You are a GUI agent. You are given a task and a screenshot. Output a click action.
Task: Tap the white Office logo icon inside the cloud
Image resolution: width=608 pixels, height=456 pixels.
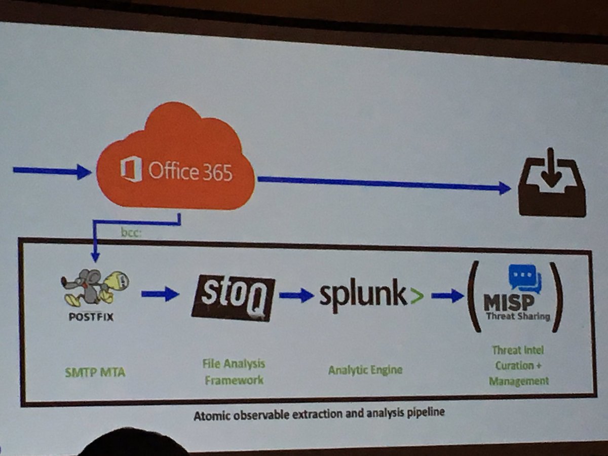[131, 170]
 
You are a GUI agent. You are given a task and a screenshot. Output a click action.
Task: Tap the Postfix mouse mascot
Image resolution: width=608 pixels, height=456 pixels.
[94, 286]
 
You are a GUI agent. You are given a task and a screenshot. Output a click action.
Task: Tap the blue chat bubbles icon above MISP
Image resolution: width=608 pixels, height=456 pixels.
[525, 278]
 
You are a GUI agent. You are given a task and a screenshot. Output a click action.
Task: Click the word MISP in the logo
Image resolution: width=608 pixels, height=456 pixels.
[508, 303]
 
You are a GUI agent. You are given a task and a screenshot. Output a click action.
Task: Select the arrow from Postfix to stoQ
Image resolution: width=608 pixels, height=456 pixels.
[160, 293]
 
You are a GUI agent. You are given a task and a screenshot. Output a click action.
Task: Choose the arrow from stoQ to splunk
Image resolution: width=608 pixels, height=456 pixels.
[296, 295]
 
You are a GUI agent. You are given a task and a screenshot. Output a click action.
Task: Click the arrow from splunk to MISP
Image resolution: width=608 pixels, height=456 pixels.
[447, 296]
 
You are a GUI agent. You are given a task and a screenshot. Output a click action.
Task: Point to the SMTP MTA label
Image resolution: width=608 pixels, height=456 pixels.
[95, 373]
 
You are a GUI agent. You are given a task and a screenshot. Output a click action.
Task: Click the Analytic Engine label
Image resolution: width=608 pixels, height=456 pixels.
[365, 370]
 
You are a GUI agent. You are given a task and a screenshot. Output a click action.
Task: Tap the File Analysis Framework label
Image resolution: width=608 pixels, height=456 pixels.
[234, 371]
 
